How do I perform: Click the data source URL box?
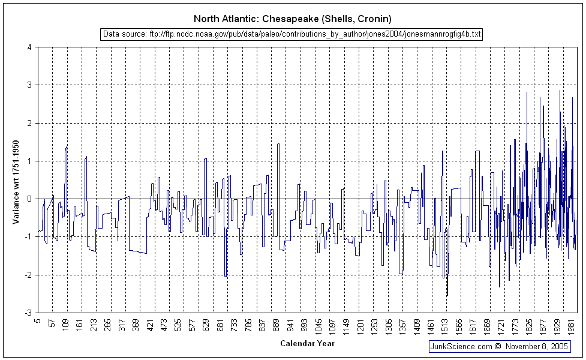point(292,34)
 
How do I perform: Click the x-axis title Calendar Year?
point(307,344)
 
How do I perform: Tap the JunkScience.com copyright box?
point(498,346)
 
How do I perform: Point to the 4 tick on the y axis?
point(29,47)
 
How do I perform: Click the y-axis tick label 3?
point(29,85)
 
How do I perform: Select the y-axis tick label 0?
point(29,199)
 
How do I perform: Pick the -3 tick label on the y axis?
point(27,313)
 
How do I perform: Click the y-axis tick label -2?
point(27,275)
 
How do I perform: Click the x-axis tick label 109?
point(67,325)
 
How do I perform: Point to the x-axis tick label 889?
point(277,325)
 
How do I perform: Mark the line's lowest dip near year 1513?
point(447,295)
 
